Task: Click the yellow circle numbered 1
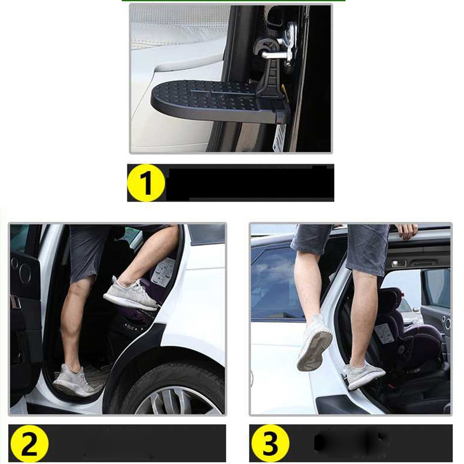pyautogui.click(x=146, y=183)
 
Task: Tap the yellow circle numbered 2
pyautogui.click(x=28, y=443)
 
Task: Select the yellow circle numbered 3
pyautogui.click(x=270, y=443)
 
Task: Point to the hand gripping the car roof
pyautogui.click(x=407, y=231)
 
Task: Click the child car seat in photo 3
pyautogui.click(x=404, y=326)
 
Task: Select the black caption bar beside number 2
pyautogui.click(x=138, y=443)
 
